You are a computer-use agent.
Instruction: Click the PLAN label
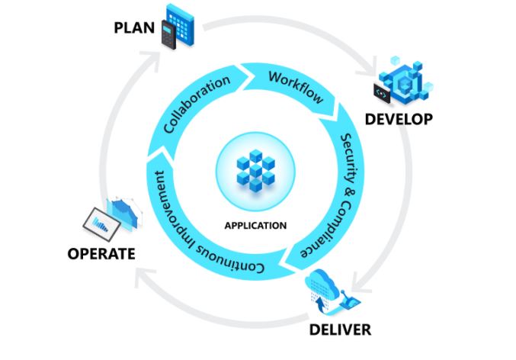tap(134, 28)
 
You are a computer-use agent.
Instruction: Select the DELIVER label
tap(340, 330)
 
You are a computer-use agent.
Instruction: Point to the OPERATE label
tap(101, 253)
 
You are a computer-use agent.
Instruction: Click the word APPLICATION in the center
tap(255, 225)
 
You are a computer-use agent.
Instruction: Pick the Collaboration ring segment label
tap(197, 104)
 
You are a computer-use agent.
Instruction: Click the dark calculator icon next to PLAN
tap(168, 36)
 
